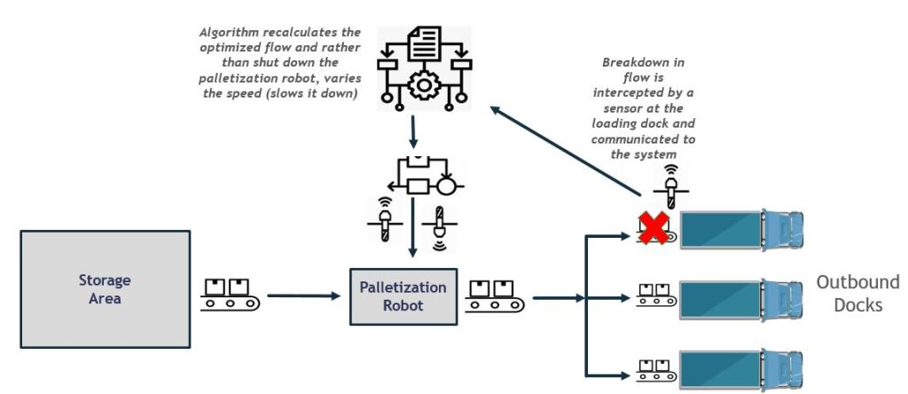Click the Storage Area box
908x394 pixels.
pos(104,288)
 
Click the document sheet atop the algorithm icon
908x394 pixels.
pos(422,43)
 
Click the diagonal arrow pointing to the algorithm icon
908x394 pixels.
pos(567,151)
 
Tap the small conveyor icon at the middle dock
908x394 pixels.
pos(654,297)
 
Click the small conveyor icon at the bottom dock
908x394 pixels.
pos(654,366)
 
